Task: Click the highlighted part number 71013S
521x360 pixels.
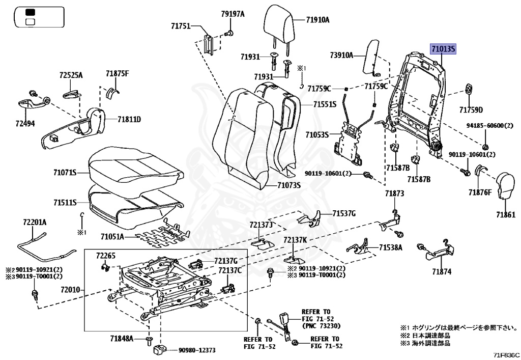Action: click(x=444, y=49)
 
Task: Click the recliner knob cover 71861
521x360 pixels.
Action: click(x=507, y=186)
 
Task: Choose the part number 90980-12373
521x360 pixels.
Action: click(x=196, y=350)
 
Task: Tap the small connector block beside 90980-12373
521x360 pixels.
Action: click(x=159, y=350)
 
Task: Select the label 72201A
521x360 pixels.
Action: click(x=35, y=222)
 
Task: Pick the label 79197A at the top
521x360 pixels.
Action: click(x=233, y=14)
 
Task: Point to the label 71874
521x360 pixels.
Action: click(x=442, y=272)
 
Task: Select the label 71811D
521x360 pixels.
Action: click(x=129, y=120)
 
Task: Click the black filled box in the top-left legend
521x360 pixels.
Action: click(x=30, y=12)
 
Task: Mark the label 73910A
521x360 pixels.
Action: click(x=341, y=54)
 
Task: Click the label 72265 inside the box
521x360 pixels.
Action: click(x=106, y=255)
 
